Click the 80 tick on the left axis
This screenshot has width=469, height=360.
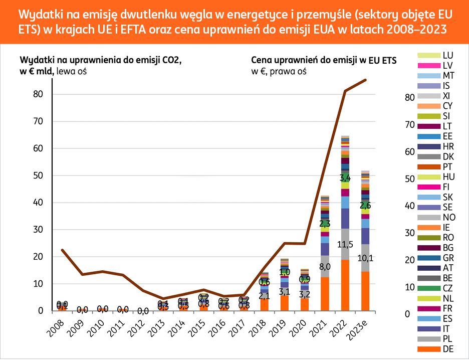click(x=38, y=94)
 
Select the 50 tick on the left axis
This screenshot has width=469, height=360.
click(x=38, y=175)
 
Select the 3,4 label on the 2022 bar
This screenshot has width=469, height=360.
click(x=345, y=178)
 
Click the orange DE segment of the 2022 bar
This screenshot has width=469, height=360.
click(x=345, y=286)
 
